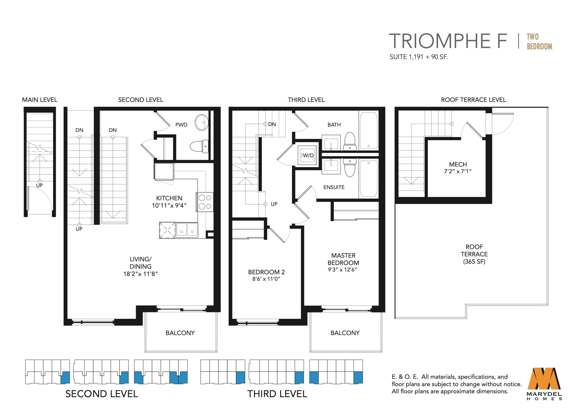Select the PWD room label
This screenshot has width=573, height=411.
[181, 125]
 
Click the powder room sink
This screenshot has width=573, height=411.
[202, 122]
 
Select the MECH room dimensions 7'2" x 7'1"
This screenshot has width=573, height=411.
[458, 171]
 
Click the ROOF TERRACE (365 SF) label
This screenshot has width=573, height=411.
[474, 254]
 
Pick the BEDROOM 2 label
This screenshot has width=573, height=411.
[266, 272]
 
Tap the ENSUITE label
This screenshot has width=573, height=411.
[334, 187]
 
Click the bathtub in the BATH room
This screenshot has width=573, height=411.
[369, 130]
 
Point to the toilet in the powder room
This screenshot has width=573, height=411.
[199, 146]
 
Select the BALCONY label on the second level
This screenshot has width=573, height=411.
[180, 333]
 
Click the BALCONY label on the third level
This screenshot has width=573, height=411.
[345, 333]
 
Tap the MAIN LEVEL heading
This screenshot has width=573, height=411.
[40, 100]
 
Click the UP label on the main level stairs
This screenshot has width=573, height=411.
[39, 185]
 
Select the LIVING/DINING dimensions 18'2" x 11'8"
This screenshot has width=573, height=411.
[141, 274]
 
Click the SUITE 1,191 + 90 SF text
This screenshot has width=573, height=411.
[418, 57]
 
